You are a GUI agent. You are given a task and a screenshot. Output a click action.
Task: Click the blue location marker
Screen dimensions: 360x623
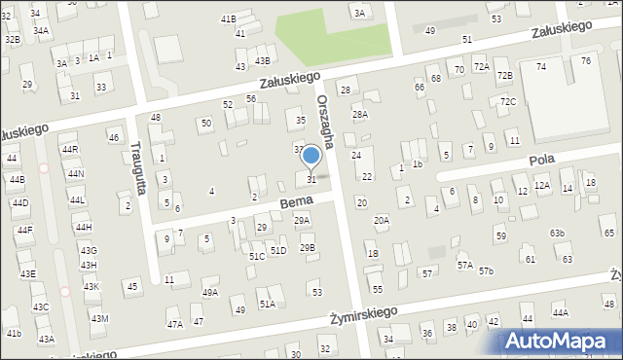(x=311, y=156)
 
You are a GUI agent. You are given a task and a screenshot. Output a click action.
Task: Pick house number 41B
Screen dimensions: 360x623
(x=228, y=18)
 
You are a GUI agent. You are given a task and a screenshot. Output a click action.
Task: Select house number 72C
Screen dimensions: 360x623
(x=507, y=102)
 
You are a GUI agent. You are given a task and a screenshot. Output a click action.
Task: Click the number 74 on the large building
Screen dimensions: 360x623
(x=541, y=66)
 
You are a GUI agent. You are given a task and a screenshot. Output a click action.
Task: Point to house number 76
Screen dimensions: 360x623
(x=585, y=60)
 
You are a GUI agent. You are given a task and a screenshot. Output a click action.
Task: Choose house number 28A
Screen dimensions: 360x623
(x=360, y=115)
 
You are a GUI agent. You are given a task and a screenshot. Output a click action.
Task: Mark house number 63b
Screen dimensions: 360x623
(x=557, y=234)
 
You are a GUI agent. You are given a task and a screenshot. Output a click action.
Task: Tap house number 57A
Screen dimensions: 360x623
(x=465, y=265)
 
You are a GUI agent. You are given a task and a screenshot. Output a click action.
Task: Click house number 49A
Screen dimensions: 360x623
(x=209, y=292)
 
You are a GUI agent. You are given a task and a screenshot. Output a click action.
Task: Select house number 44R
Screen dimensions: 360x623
(x=69, y=150)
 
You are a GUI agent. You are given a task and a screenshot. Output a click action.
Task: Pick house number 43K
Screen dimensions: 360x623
(x=91, y=286)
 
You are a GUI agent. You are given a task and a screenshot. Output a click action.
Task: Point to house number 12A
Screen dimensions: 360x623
(x=542, y=185)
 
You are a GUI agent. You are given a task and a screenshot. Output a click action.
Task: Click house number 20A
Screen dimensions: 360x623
(x=382, y=221)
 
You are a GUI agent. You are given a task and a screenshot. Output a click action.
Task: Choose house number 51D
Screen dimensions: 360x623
(x=278, y=251)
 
